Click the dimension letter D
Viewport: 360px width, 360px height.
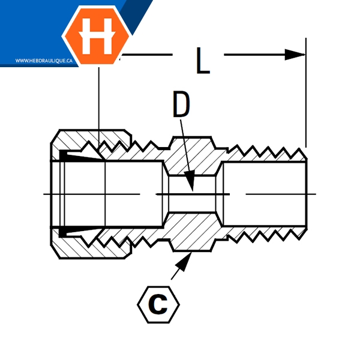coord(181,104)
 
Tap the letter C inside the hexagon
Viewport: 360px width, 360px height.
coord(158,305)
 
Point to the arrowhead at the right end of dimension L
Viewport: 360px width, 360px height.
coord(296,55)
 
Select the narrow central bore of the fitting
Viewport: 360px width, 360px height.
coord(192,194)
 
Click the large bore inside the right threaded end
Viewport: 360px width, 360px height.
coord(264,194)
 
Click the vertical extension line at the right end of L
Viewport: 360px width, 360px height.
coord(306,96)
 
